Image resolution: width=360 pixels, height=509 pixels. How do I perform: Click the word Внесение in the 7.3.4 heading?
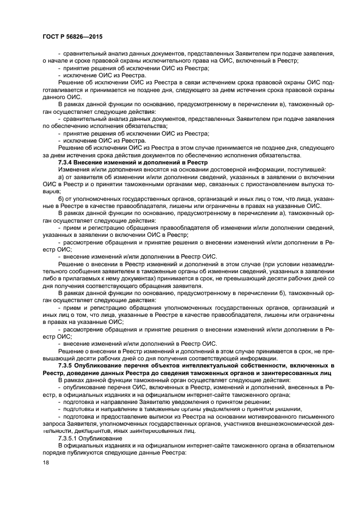[90, 163]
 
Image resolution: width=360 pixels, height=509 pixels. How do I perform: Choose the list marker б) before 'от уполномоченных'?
[61, 198]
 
